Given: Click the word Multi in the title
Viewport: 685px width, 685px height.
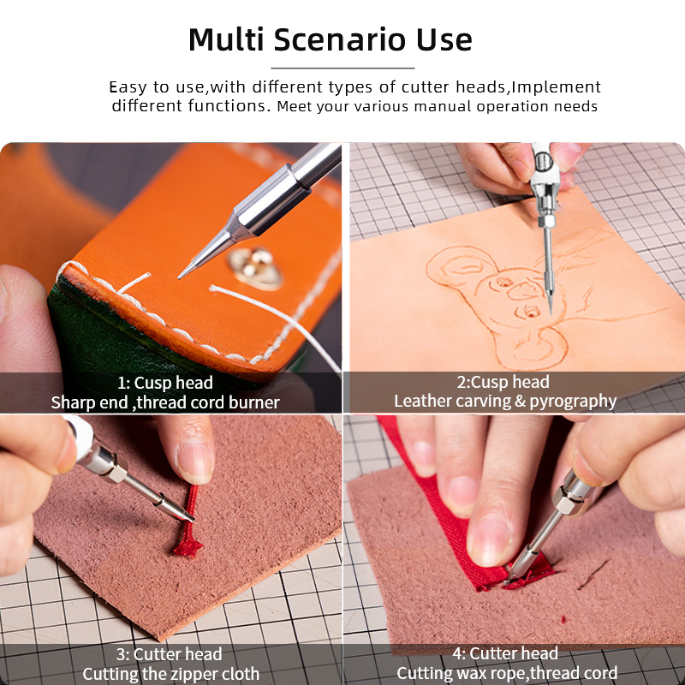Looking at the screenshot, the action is click(226, 39).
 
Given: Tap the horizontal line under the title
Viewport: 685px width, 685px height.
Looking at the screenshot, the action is click(342, 68).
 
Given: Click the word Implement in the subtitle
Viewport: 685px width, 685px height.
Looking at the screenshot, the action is click(556, 87).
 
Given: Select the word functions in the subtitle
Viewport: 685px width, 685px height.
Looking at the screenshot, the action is click(229, 105).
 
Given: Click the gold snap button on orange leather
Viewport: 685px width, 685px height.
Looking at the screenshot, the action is click(255, 268).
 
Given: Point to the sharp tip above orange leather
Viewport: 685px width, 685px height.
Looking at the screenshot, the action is click(179, 277).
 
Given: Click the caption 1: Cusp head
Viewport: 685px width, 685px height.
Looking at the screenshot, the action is click(164, 383).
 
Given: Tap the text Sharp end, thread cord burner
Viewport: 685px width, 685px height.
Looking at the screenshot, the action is click(165, 402).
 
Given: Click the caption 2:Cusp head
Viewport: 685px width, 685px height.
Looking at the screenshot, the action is click(503, 382).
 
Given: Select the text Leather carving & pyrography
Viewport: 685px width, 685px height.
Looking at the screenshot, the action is click(505, 401).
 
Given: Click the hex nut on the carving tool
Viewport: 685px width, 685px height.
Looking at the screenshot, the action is click(546, 221).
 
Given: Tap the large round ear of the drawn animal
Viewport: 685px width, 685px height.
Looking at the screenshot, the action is click(459, 265).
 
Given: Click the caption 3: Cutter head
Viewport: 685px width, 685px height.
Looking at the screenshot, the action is click(169, 654).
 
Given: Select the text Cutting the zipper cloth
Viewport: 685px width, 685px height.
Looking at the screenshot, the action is click(170, 674).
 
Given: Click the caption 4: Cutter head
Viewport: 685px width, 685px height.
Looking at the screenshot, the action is click(505, 653).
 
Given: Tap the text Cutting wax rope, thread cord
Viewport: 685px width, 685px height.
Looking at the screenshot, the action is click(507, 673).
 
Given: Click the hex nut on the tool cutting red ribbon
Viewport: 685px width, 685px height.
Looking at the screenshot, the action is click(567, 499).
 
